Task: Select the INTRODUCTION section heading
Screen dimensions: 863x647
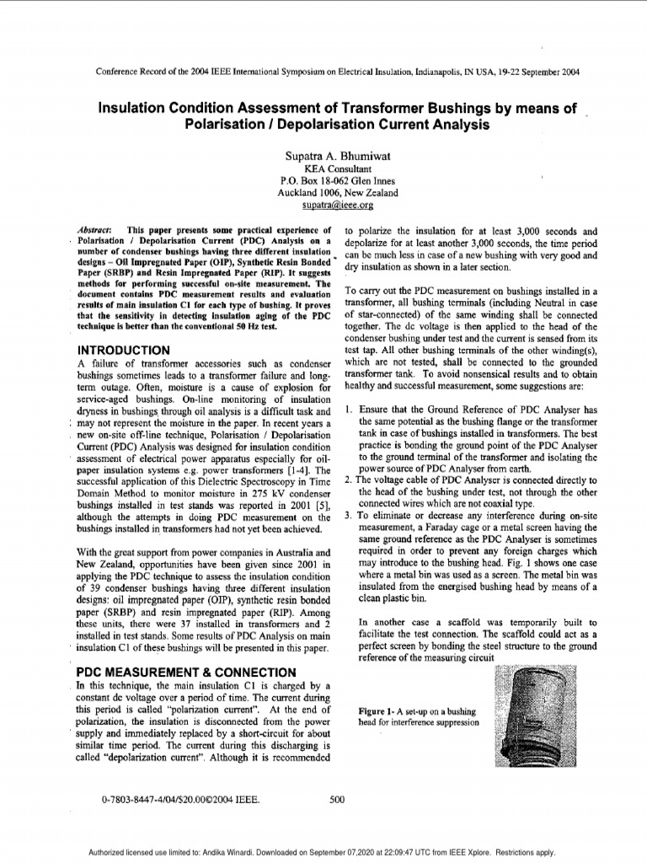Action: [124, 350]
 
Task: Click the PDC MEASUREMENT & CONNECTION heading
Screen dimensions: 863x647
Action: [186, 673]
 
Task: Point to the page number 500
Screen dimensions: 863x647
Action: [337, 800]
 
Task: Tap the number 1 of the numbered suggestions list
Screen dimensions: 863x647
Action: [349, 410]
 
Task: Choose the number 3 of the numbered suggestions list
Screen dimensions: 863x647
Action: [349, 516]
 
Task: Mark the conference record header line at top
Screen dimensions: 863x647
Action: [336, 72]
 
